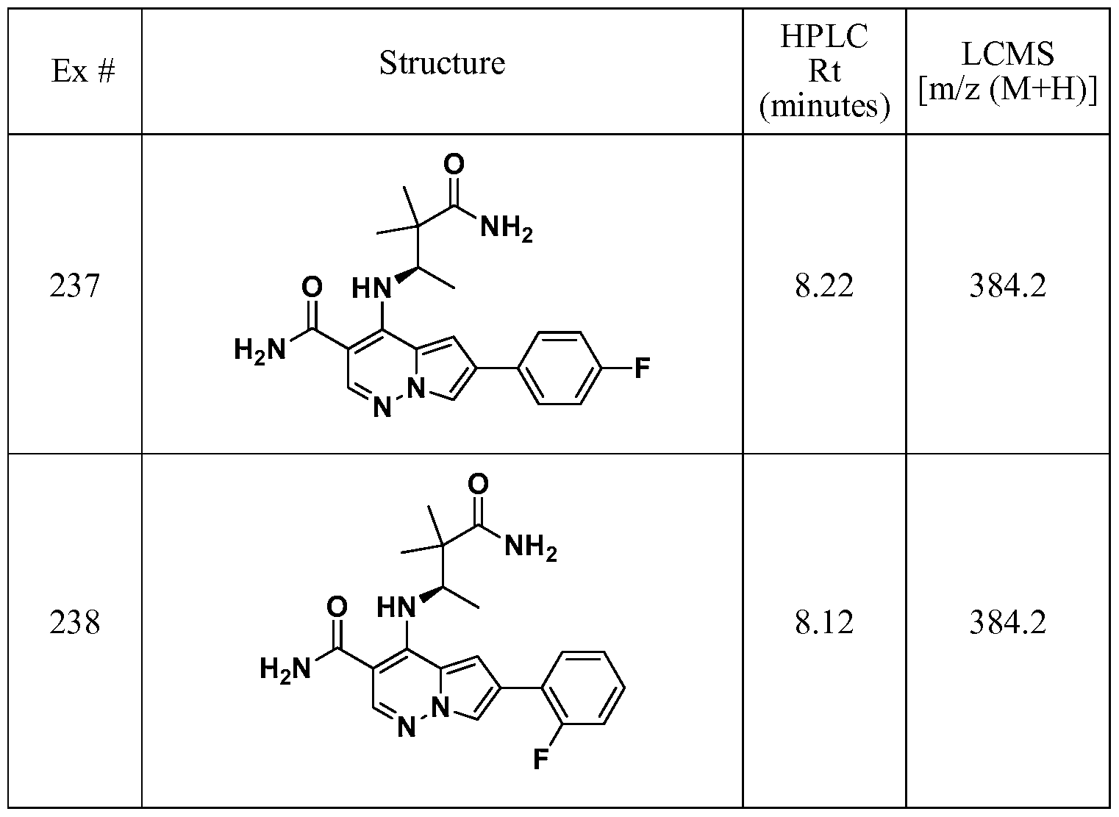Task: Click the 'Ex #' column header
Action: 83,71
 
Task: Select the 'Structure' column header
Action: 442,63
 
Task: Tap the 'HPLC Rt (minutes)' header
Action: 824,71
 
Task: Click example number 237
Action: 75,286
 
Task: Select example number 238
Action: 75,623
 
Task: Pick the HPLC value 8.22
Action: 824,286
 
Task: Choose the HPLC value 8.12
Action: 824,623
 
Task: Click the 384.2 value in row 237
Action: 1008,286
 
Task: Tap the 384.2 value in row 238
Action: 1008,623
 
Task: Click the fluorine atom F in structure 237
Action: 643,368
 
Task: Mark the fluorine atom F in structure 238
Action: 541,759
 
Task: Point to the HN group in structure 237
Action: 371,288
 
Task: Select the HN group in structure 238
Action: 396,607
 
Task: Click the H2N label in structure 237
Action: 260,350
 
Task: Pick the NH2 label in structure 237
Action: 507,229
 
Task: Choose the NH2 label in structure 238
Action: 531,548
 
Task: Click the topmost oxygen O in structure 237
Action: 454,164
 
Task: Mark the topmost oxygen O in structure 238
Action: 478,484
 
